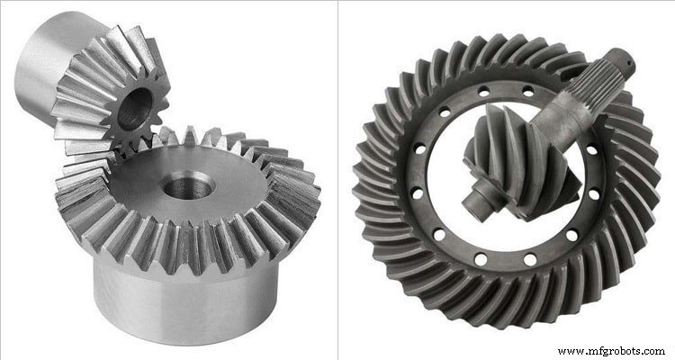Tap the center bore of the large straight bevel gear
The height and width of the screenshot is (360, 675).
(x=188, y=187)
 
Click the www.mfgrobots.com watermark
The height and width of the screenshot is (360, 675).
(x=611, y=350)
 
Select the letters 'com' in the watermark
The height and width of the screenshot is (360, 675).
(x=652, y=350)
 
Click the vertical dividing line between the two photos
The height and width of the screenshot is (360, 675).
(x=337, y=180)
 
